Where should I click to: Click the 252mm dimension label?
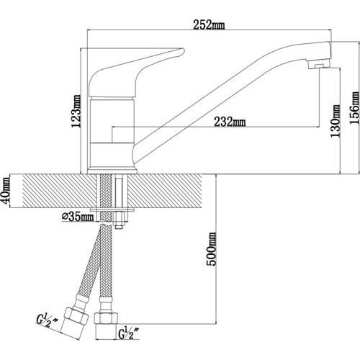coord(209,25)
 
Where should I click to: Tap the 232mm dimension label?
coord(230,122)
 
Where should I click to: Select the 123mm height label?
coord(76,111)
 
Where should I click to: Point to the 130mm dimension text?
coord(336,121)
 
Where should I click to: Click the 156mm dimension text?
coord(355,108)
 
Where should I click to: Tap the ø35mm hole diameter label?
coord(78,217)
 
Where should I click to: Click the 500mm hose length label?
coord(212,249)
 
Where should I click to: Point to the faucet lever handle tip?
coord(182,50)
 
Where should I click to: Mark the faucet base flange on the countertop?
coord(112,171)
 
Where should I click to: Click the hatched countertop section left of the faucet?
coord(60,191)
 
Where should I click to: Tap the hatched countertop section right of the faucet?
coord(166,191)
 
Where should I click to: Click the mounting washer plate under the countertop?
coord(112,210)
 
